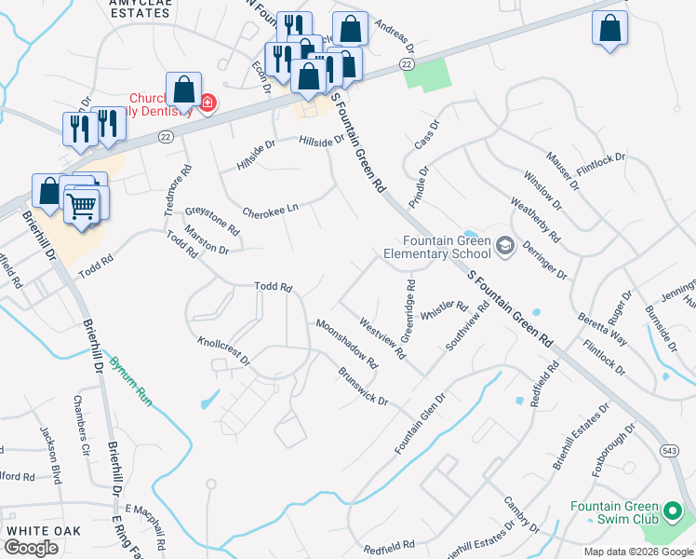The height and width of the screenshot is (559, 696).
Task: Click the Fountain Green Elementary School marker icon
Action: [x=505, y=245]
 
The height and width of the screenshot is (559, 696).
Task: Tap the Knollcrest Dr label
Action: [x=224, y=348]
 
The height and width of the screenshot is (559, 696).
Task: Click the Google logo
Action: [x=31, y=547]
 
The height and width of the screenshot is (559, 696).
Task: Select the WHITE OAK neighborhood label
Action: [x=44, y=530]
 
